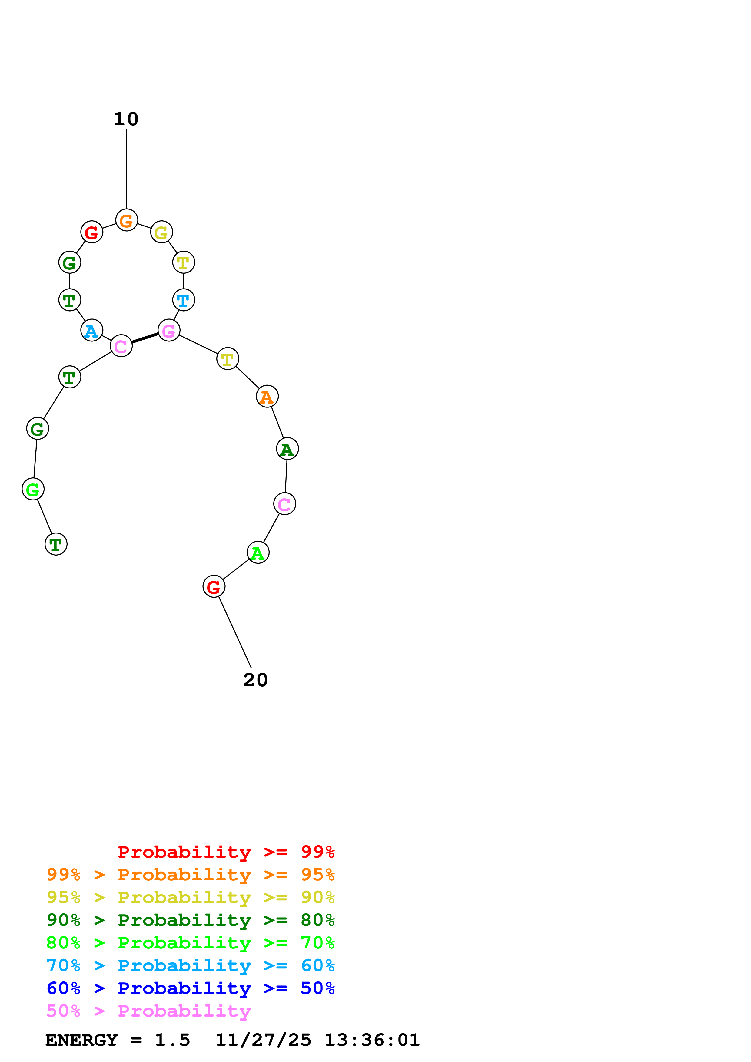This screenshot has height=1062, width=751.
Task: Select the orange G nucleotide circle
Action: pyautogui.click(x=126, y=220)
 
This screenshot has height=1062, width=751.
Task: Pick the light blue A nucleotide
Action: pyautogui.click(x=91, y=331)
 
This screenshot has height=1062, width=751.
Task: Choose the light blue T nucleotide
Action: pyautogui.click(x=183, y=300)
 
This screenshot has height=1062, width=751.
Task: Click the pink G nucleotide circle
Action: pyautogui.click(x=169, y=330)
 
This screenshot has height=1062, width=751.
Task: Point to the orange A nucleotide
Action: pyautogui.click(x=267, y=396)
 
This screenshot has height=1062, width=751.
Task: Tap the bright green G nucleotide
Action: pyautogui.click(x=33, y=489)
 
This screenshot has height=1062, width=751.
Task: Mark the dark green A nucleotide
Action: pyautogui.click(x=287, y=449)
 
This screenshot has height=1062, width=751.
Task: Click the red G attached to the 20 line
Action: pyautogui.click(x=214, y=586)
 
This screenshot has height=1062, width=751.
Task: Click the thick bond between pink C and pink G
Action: pyautogui.click(x=145, y=338)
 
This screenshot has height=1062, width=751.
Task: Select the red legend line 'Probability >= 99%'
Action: pyautogui.click(x=226, y=852)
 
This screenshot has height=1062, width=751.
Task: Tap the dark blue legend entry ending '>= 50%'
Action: pyautogui.click(x=190, y=988)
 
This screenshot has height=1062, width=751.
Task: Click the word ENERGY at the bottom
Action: pyautogui.click(x=81, y=1040)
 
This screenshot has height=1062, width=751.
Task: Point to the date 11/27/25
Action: pyautogui.click(x=263, y=1040)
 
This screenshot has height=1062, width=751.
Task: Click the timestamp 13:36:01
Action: pyautogui.click(x=372, y=1040)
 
